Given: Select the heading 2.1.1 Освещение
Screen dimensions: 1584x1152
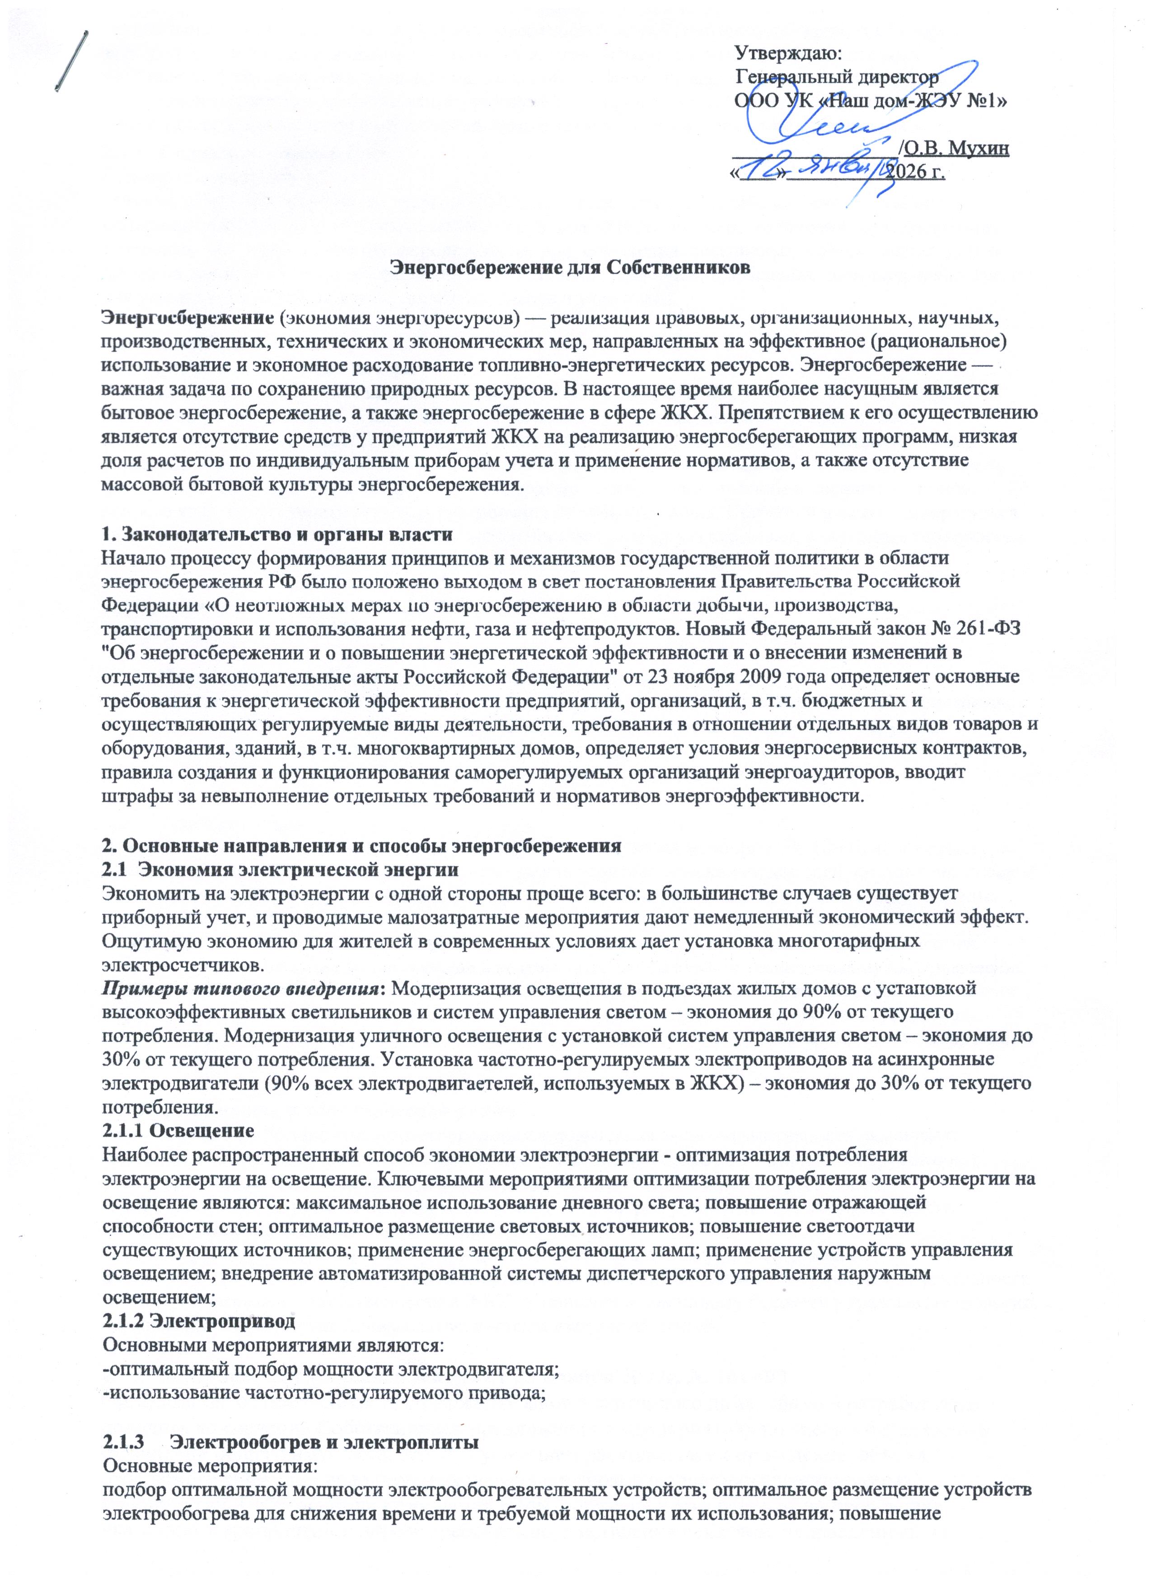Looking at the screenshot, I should (178, 1129).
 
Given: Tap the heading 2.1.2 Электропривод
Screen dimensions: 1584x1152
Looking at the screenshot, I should (198, 1321).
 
